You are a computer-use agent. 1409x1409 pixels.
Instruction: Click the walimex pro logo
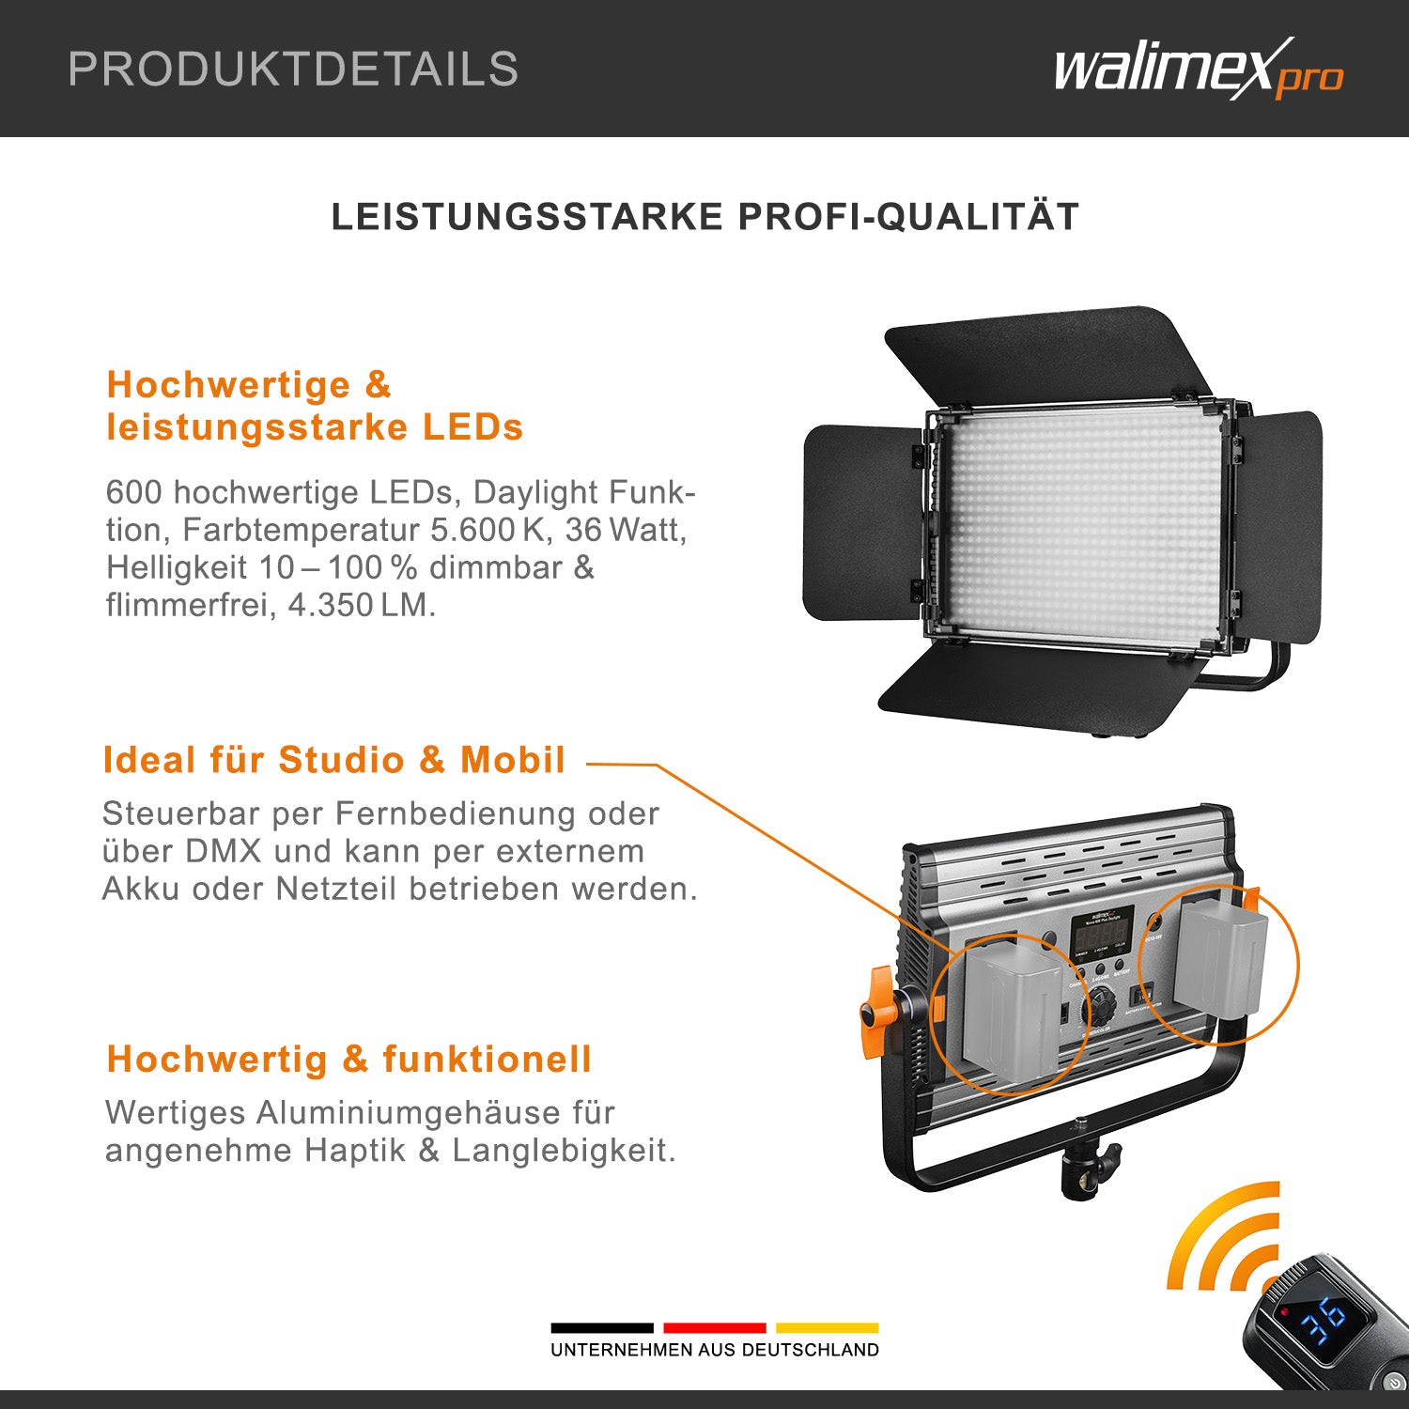[x=1198, y=69]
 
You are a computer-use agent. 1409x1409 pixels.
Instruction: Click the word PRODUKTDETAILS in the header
[x=293, y=70]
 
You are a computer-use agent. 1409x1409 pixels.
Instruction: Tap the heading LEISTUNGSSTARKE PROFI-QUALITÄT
[x=704, y=217]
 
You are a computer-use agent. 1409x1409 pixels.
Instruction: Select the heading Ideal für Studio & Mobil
[x=334, y=760]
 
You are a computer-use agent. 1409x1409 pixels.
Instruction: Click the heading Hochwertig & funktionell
[x=349, y=1060]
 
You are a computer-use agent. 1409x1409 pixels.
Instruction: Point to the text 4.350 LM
[x=362, y=605]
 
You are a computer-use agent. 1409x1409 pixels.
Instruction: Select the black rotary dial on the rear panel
[x=1100, y=1012]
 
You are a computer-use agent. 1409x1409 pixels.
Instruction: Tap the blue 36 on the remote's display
[x=1323, y=1320]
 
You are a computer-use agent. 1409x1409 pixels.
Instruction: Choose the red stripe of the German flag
[x=714, y=1327]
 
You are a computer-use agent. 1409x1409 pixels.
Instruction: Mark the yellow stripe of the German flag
[x=827, y=1327]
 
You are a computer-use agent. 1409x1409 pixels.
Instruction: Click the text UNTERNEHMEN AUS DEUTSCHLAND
[x=715, y=1350]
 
